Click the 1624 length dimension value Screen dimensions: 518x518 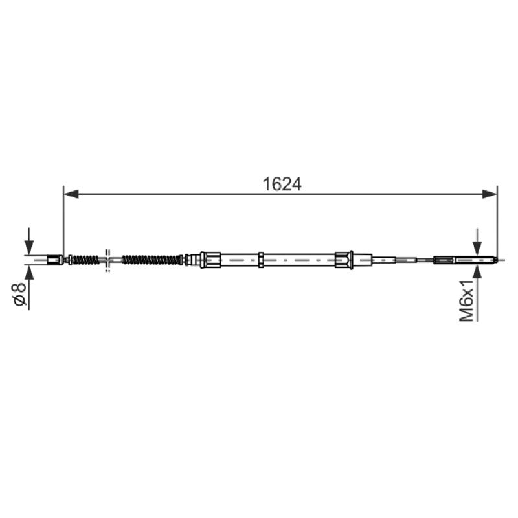coord(282,184)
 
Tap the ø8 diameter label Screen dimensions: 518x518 coord(19,294)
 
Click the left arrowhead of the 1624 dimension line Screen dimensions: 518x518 coord(71,194)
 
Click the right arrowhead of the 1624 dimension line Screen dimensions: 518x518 coord(490,194)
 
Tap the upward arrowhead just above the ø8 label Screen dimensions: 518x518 coord(29,273)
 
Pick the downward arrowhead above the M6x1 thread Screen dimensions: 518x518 coord(477,249)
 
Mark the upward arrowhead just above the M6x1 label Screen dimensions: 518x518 coord(477,271)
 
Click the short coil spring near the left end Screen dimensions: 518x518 coord(85,260)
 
